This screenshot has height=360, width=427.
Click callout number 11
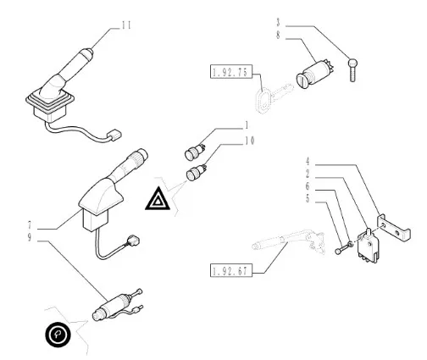126,25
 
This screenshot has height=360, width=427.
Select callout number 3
279,22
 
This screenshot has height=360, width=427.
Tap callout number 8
279,35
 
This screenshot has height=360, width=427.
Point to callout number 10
250,141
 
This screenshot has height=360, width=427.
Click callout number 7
30,225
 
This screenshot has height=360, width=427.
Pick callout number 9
30,237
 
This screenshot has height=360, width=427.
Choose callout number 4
308,162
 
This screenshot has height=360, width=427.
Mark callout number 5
308,199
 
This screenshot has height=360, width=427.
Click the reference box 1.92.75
231,72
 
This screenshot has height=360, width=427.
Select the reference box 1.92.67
231,271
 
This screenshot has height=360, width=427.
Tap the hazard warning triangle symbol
158,199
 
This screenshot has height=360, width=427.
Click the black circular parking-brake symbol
58,334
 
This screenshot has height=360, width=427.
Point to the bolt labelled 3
352,69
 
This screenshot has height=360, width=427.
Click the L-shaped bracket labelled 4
394,228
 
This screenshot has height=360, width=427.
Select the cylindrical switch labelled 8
315,74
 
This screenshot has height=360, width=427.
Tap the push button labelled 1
195,152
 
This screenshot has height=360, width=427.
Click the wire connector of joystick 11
114,136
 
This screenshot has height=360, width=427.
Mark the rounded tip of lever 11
86,53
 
